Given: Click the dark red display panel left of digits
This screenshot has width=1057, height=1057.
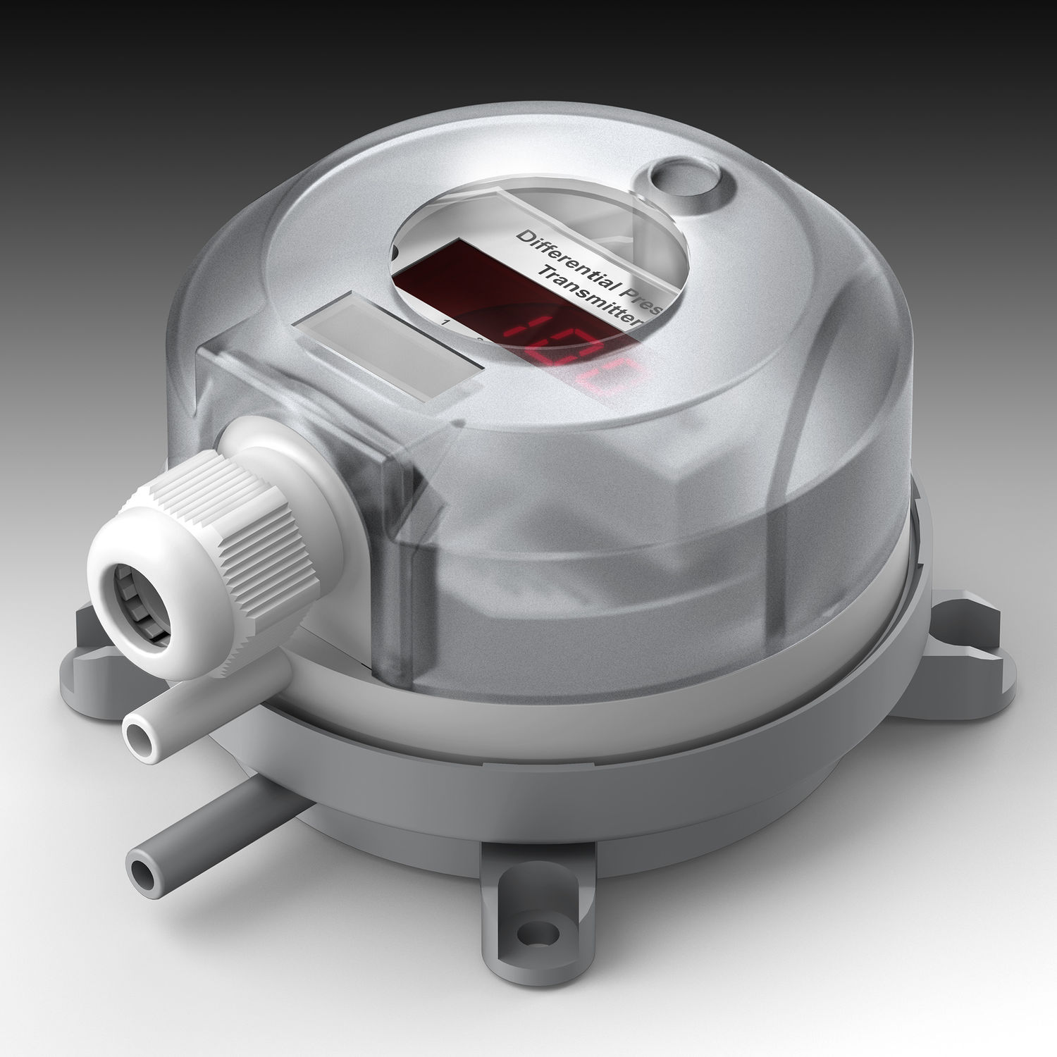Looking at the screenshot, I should point(437,275).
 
